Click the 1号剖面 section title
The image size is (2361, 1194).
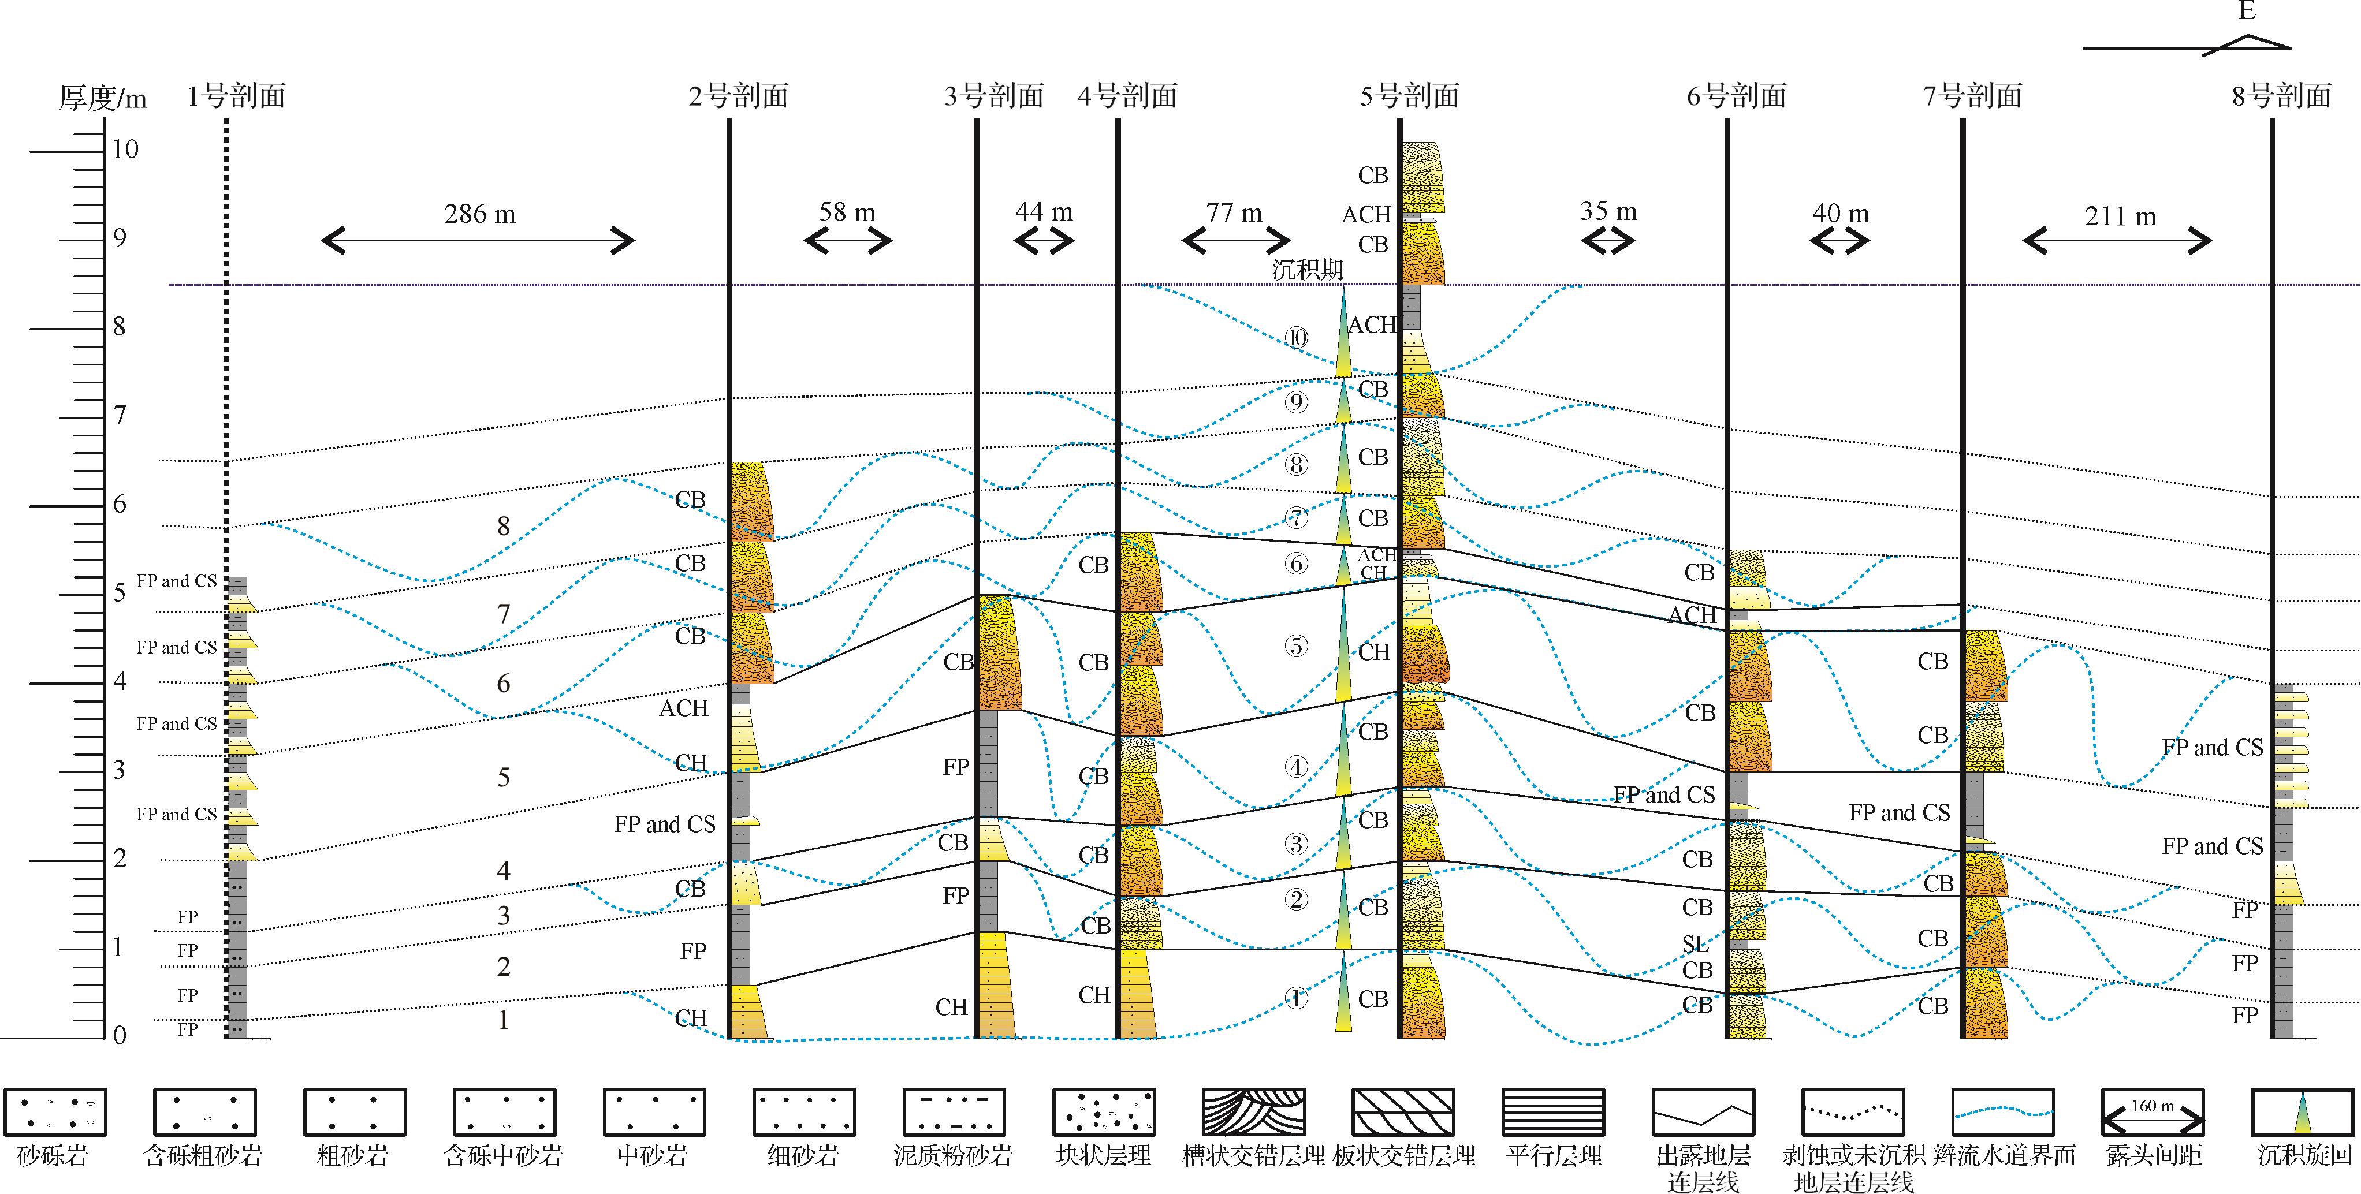[x=236, y=96]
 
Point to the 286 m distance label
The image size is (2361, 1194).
[x=479, y=214]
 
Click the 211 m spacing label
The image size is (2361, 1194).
[x=2120, y=217]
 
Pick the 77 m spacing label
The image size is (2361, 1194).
[x=1234, y=214]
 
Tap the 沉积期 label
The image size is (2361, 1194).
[x=1307, y=270]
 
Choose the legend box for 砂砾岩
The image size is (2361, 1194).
[x=55, y=1113]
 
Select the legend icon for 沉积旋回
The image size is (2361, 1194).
[x=2302, y=1113]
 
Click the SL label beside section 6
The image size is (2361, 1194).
[x=1695, y=944]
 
